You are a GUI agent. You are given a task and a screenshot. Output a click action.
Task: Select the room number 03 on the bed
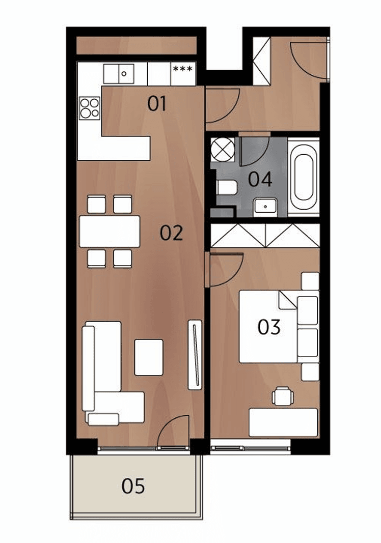coord(269,327)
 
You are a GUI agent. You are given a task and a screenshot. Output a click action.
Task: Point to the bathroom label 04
coord(260,179)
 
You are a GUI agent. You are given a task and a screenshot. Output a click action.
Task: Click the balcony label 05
coord(133,486)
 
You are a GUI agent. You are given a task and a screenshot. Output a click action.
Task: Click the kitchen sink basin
coord(123,74)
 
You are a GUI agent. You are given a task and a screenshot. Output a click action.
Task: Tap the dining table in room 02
coord(110,231)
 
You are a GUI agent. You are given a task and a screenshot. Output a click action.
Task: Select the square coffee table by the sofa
coord(149,357)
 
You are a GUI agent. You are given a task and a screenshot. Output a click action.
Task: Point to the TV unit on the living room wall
coord(195,355)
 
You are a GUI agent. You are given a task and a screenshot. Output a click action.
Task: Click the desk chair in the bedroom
coord(282,395)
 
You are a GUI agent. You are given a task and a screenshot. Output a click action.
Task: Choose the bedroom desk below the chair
coord(283,422)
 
